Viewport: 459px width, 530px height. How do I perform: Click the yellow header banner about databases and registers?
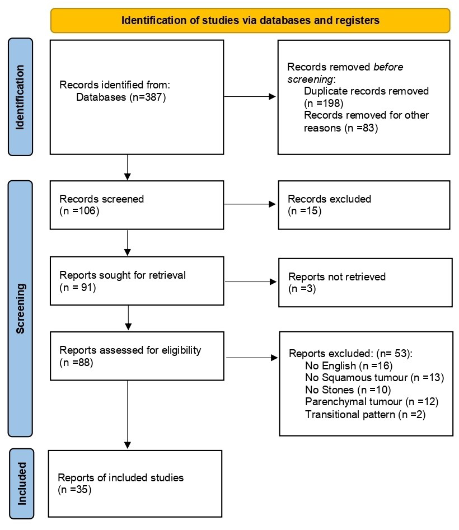pos(250,21)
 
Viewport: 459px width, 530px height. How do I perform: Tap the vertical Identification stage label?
pos(21,97)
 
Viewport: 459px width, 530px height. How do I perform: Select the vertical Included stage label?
pos(21,483)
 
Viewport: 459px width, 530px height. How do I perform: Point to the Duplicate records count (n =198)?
pos(322,103)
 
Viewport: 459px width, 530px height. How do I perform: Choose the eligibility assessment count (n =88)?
pos(76,363)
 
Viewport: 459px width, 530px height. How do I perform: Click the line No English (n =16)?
pos(346,366)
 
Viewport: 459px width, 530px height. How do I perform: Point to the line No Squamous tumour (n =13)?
pos(374,378)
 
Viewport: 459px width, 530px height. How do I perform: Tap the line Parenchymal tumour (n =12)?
pos(372,402)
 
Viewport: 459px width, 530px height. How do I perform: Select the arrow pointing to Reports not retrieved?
pos(250,283)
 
